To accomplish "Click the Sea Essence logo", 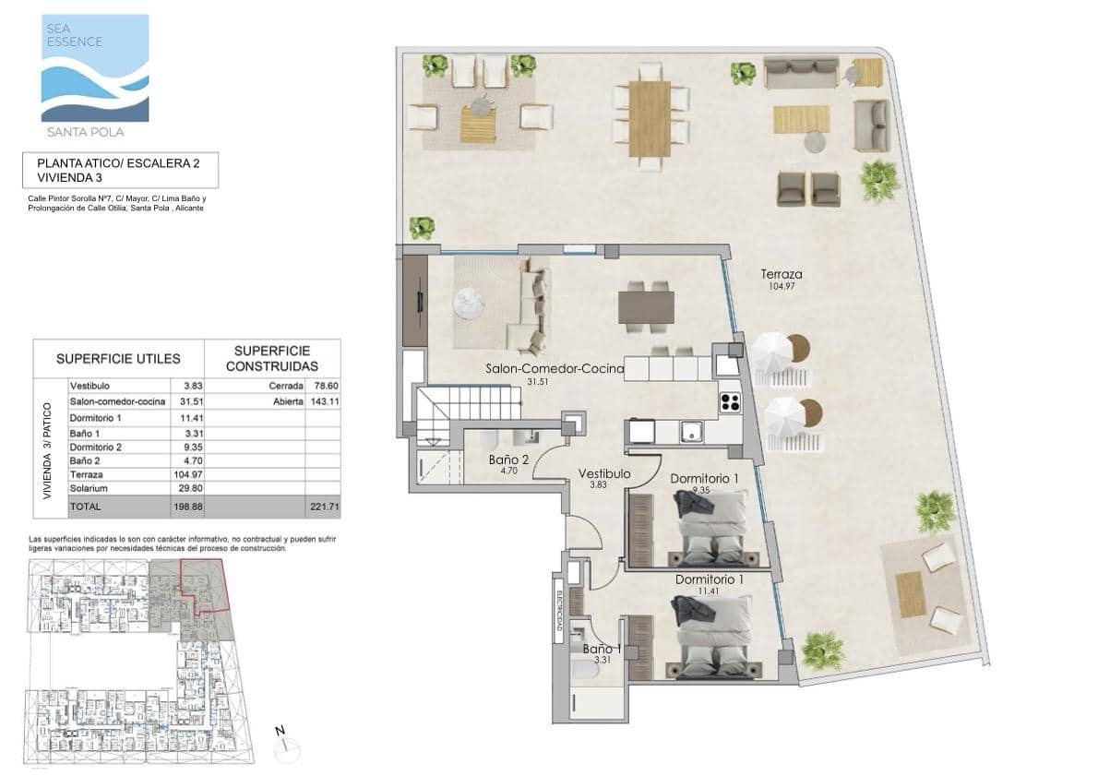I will click(95, 68).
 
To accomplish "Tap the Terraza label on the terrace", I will click(781, 274).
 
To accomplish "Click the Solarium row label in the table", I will click(89, 488).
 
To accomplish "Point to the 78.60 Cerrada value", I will click(321, 387).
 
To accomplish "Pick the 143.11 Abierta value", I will click(321, 401).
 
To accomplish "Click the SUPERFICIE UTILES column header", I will click(118, 358).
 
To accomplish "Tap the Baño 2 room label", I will click(507, 460).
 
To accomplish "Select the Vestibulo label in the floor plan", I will click(604, 474).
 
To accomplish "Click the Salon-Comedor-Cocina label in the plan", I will click(555, 369).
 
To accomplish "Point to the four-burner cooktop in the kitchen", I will click(731, 401).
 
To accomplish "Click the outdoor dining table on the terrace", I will click(650, 118).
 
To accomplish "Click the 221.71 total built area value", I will click(321, 507).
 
